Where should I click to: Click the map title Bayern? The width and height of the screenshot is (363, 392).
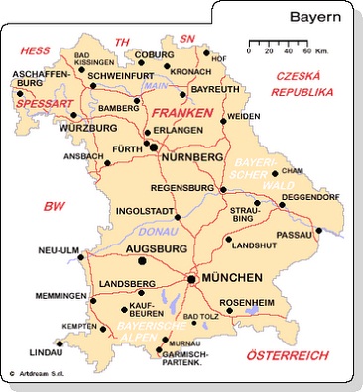click(x=316, y=17)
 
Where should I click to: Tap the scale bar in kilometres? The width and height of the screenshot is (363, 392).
click(x=279, y=45)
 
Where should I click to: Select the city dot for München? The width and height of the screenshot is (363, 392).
click(x=191, y=280)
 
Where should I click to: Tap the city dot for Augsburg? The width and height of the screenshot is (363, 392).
click(x=142, y=261)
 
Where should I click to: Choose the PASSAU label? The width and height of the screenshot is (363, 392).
click(x=295, y=235)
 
